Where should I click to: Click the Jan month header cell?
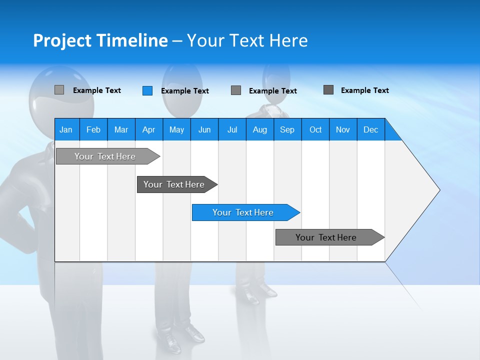pos(66,129)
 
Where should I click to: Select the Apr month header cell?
pos(148,129)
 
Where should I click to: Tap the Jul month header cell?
pos(232,129)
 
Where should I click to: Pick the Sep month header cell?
pos(287,129)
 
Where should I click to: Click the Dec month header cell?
pos(370,129)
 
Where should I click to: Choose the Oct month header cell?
pos(315,129)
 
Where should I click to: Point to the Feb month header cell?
pos(93,129)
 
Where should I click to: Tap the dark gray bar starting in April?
pos(175,184)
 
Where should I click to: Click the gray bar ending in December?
pos(327,237)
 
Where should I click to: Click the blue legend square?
pos(147,90)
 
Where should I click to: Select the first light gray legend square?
pos(59,90)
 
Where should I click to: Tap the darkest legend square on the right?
pos(328,90)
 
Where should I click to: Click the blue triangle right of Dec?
pos(393,133)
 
